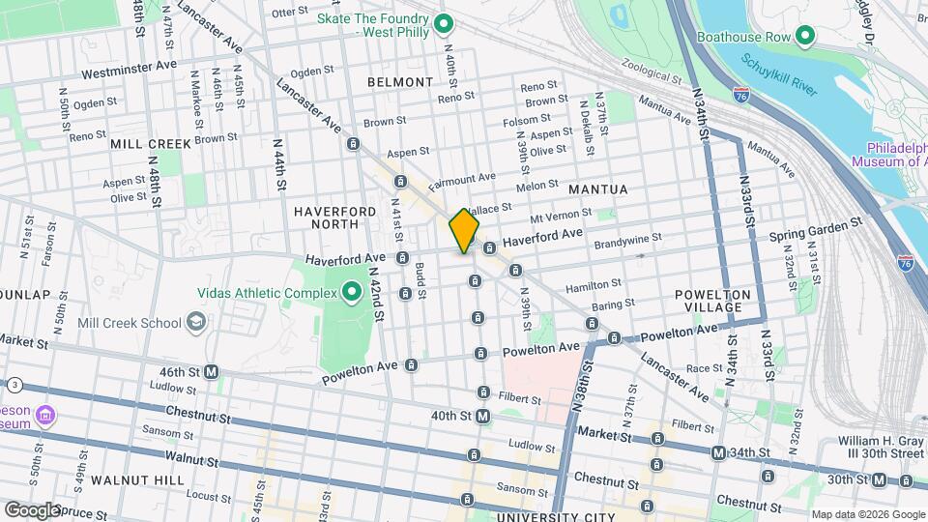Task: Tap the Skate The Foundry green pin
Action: (x=444, y=24)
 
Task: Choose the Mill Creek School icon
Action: (x=196, y=322)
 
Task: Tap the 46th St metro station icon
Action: (x=211, y=371)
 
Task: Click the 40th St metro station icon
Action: (x=482, y=416)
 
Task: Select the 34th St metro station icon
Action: (x=718, y=452)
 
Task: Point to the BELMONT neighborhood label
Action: (x=400, y=82)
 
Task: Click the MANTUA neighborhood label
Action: (x=597, y=188)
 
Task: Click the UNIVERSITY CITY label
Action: (x=556, y=516)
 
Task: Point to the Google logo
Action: (x=32, y=508)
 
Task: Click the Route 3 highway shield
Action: (x=15, y=385)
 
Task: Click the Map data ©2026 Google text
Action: (x=866, y=514)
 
